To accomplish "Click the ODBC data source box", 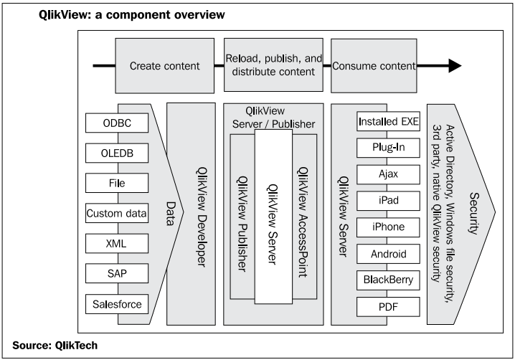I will pos(117,123).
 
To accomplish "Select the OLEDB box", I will pos(117,153).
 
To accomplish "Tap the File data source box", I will pos(117,183).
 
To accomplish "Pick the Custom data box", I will pos(117,213).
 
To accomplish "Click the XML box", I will pos(117,243).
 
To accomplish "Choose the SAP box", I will pos(117,273).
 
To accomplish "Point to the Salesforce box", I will pos(117,304).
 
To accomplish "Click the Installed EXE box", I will pos(388,121).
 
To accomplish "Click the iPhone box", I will pos(388,227).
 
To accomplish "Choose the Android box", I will pos(388,254).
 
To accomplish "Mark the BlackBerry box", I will pos(388,280).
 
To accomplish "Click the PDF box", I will pos(388,307).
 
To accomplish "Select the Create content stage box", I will pos(164,66).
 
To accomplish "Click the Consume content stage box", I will pos(374,66).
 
